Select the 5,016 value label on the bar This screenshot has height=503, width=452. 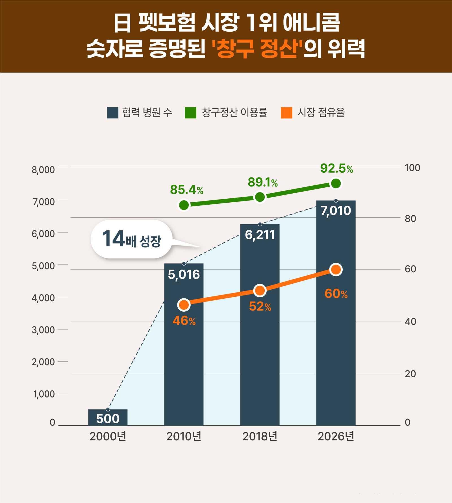184,274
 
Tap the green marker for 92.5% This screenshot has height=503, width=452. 336,183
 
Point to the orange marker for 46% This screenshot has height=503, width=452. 184,305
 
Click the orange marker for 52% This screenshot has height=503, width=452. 260,290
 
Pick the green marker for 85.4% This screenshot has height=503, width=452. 184,205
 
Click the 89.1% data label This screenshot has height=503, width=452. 263,183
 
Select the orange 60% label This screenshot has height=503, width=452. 336,294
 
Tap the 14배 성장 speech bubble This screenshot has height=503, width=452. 131,239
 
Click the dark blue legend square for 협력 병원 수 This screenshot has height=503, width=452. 112,113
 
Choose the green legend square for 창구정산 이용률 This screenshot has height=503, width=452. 190,113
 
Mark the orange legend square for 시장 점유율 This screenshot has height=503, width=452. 286,113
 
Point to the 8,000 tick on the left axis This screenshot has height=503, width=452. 43,170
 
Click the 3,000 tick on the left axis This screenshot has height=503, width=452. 43,330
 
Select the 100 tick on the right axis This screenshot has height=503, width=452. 412,168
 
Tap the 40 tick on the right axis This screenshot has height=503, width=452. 410,322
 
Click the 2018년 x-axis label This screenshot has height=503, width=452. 260,437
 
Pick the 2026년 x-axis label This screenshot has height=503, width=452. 336,437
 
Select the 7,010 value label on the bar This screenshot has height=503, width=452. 336,211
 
